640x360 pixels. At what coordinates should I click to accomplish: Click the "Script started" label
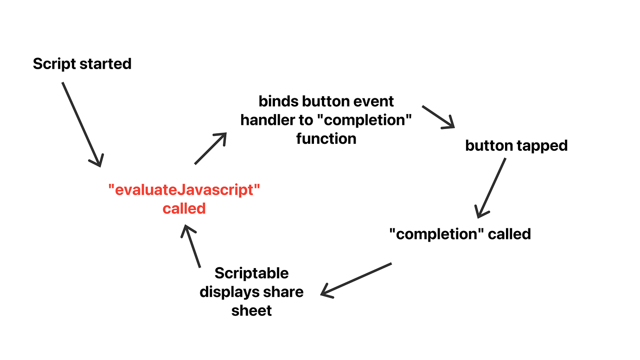point(82,64)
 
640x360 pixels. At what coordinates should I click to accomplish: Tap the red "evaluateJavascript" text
point(184,190)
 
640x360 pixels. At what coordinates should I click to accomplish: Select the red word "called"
point(184,209)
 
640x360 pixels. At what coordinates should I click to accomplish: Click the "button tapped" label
point(516,146)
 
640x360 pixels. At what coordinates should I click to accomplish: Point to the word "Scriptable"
point(251,273)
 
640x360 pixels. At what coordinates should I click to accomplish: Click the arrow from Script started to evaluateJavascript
point(82,124)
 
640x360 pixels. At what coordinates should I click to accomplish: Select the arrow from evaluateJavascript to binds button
point(210,148)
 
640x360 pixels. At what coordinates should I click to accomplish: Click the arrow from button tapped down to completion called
point(491,188)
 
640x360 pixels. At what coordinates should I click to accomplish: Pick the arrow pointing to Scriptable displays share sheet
point(356,279)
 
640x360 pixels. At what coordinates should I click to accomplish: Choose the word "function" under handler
point(326,139)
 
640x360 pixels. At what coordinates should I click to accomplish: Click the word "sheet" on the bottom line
point(251,310)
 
